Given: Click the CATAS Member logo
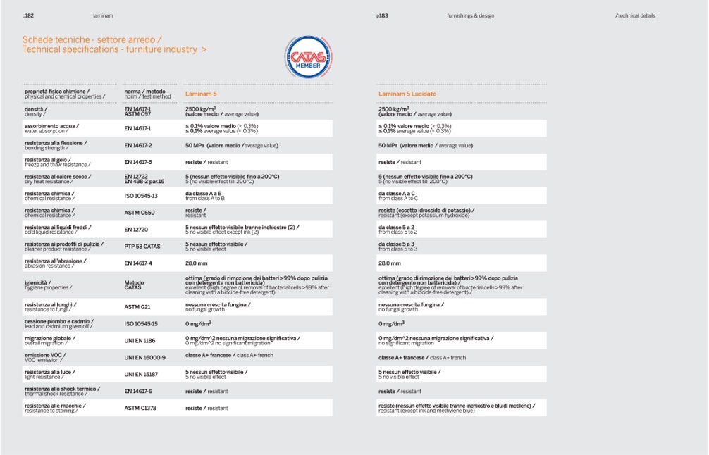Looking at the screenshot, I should [308, 57].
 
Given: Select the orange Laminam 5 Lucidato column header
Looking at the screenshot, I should [407, 94].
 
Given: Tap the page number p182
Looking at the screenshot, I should [28, 15].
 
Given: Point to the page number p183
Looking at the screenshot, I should [382, 15].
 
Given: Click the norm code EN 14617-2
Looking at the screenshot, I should [138, 145].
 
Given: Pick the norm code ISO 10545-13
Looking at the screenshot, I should [141, 196].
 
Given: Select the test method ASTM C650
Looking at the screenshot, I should [140, 213].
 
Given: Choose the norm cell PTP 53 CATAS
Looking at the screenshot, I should [142, 247].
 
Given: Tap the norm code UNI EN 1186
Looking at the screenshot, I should [140, 341].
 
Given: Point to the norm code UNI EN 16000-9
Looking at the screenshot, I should [144, 358].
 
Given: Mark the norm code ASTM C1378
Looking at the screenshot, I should [140, 408].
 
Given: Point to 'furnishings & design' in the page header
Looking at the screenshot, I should [470, 15].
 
